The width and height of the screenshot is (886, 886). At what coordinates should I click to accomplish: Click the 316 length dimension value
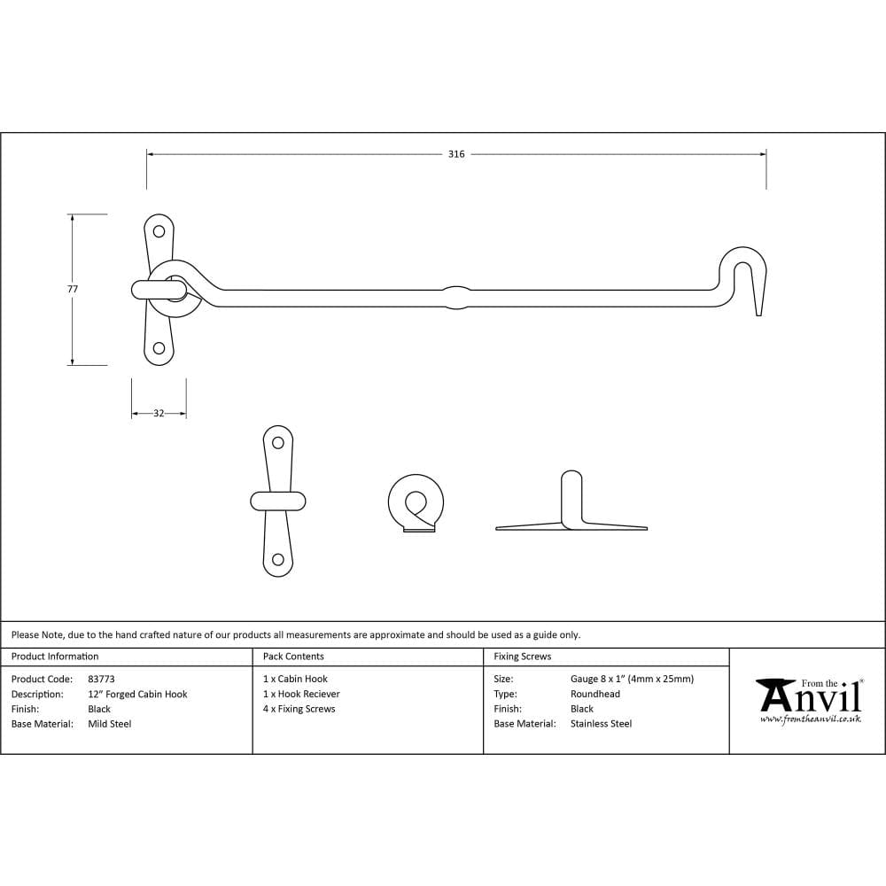pyautogui.click(x=455, y=154)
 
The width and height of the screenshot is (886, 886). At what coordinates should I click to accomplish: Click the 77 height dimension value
pyautogui.click(x=73, y=289)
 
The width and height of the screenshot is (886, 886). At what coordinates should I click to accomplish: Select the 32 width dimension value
pyautogui.click(x=159, y=414)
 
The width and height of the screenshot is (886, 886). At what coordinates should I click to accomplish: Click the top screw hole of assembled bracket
pyautogui.click(x=159, y=232)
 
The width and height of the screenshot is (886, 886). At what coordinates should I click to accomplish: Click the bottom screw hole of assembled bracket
pyautogui.click(x=159, y=348)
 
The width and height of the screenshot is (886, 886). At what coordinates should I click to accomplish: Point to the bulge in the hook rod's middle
pyautogui.click(x=455, y=297)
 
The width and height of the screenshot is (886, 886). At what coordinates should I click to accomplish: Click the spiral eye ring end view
pyautogui.click(x=416, y=502)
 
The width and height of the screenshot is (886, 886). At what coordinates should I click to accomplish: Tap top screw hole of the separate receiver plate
pyautogui.click(x=278, y=443)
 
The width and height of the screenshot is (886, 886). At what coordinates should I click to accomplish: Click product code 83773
pyautogui.click(x=102, y=679)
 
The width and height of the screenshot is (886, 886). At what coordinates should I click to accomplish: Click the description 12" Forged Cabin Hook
pyautogui.click(x=137, y=694)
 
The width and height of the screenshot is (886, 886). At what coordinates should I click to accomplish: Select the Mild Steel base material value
pyautogui.click(x=110, y=724)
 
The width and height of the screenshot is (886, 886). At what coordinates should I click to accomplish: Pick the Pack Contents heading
pyautogui.click(x=293, y=657)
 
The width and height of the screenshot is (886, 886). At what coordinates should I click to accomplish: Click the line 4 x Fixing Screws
pyautogui.click(x=299, y=709)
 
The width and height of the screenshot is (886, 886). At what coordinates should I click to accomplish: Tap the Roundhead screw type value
pyautogui.click(x=595, y=694)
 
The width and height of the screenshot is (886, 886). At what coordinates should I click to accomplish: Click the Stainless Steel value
pyautogui.click(x=601, y=724)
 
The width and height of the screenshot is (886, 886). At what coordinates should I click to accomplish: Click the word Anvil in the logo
pyautogui.click(x=811, y=699)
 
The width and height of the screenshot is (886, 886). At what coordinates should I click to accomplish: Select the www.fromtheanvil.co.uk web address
pyautogui.click(x=810, y=719)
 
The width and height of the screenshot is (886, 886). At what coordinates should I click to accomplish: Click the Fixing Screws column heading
pyautogui.click(x=523, y=657)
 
